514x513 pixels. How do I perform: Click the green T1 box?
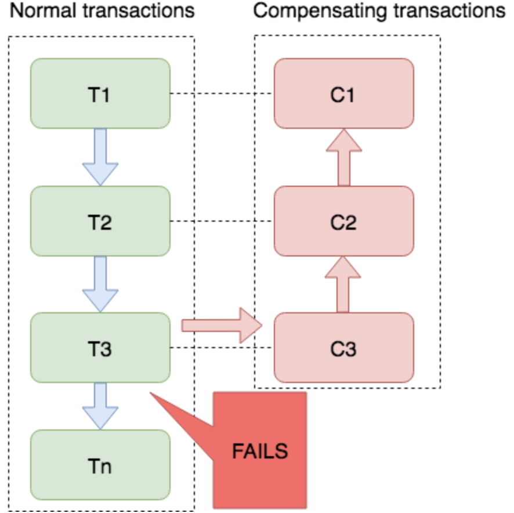100,93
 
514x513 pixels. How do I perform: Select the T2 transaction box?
100,221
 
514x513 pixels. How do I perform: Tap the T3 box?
100,348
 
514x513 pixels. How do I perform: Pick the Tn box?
100,465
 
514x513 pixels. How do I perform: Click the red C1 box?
344,93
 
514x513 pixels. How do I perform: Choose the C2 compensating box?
344,221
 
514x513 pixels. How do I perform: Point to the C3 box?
344,348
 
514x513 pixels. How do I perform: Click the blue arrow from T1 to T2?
100,157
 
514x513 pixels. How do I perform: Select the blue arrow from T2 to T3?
100,284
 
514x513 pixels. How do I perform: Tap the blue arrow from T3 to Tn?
100,406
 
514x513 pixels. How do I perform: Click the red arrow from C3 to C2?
343,284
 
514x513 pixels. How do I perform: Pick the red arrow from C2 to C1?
344,157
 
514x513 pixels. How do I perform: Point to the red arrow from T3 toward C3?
222,326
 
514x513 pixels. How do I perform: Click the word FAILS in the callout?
260,451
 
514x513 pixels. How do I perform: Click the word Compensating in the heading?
321,12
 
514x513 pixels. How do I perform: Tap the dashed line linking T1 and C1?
222,93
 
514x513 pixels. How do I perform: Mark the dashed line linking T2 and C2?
222,221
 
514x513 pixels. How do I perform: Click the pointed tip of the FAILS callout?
150,393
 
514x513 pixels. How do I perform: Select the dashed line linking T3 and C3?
222,348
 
